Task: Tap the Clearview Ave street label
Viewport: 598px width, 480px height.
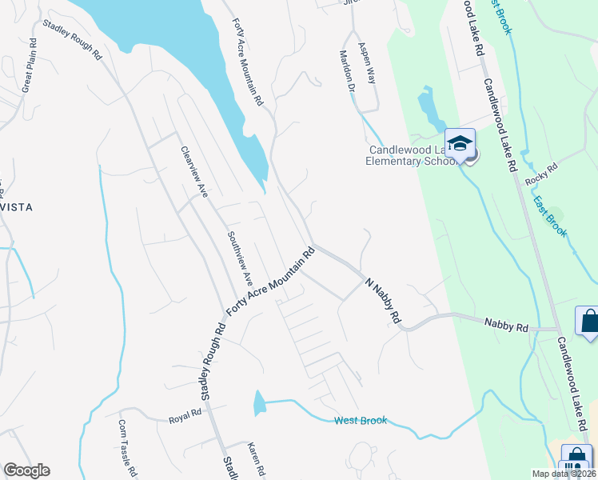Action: [x=194, y=172]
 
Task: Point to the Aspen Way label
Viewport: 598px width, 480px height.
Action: [x=366, y=63]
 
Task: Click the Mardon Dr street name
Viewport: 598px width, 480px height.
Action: [x=347, y=72]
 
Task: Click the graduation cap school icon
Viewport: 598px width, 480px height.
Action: [x=460, y=144]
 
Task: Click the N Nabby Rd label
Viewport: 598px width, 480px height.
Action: [x=383, y=300]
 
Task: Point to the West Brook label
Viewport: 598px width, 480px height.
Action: [x=361, y=420]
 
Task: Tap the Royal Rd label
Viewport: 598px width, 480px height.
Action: [x=185, y=419]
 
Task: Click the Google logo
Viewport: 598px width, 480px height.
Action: [x=26, y=470]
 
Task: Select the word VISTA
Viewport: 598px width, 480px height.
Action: [x=16, y=206]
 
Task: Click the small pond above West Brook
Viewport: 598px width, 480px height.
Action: [x=259, y=403]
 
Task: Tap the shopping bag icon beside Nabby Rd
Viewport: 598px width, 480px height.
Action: [x=588, y=322]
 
